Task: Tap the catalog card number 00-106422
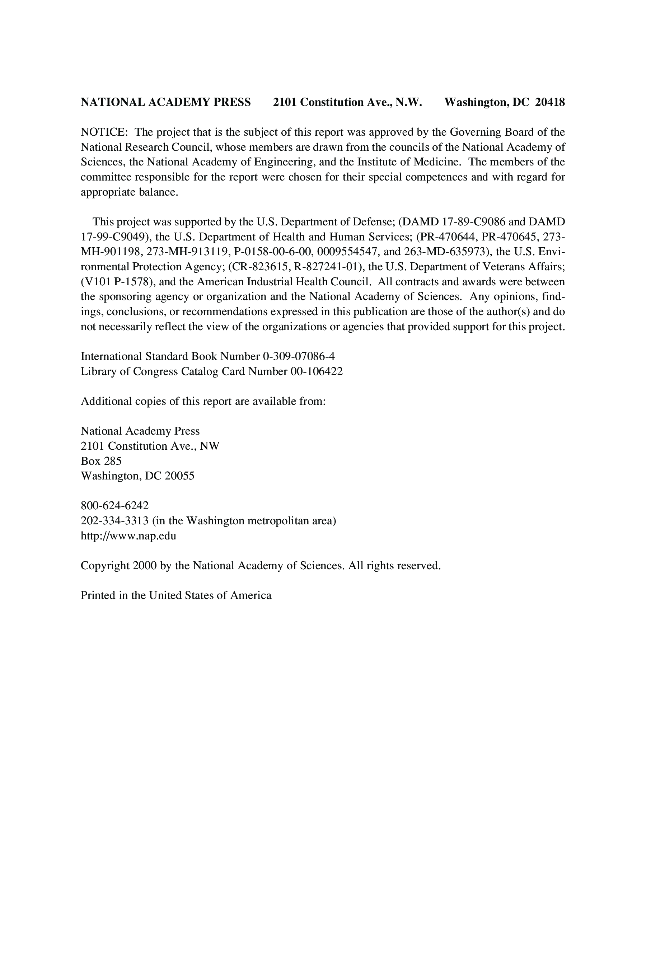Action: coord(317,371)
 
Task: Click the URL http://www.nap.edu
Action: coord(128,536)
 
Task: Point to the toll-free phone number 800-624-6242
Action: coord(114,506)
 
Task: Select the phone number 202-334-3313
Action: coord(114,521)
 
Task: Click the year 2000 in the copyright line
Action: coord(145,566)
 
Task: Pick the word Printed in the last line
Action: coord(98,596)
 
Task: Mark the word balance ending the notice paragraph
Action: coord(158,192)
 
